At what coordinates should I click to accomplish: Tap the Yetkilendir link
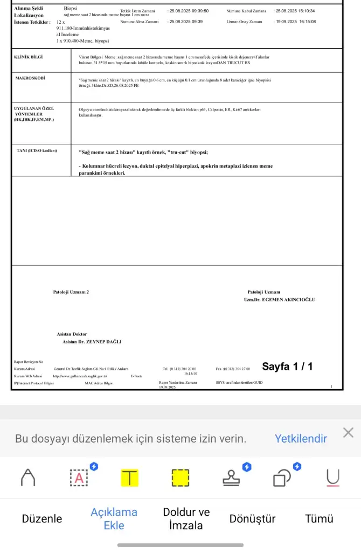[x=301, y=438]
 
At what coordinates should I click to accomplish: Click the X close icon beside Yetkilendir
[x=349, y=432]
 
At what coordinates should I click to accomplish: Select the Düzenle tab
[x=42, y=519]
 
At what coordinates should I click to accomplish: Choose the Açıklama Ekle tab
[x=114, y=519]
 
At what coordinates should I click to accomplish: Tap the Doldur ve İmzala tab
[x=186, y=519]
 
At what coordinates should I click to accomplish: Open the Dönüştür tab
[x=252, y=519]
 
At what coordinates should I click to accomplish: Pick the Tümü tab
[x=320, y=519]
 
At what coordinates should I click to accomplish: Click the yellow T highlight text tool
[x=129, y=477]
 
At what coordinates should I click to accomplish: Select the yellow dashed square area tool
[x=180, y=477]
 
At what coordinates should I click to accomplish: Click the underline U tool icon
[x=333, y=477]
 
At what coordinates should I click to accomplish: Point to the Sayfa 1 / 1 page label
[x=287, y=367]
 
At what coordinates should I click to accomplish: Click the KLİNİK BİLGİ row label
[x=28, y=57]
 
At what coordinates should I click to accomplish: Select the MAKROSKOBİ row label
[x=30, y=78]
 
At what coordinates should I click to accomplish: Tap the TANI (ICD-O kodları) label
[x=37, y=150]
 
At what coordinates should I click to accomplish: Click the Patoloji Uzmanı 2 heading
[x=71, y=292]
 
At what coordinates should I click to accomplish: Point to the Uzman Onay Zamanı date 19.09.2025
[x=285, y=22]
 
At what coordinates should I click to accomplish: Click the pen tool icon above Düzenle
[x=27, y=477]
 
